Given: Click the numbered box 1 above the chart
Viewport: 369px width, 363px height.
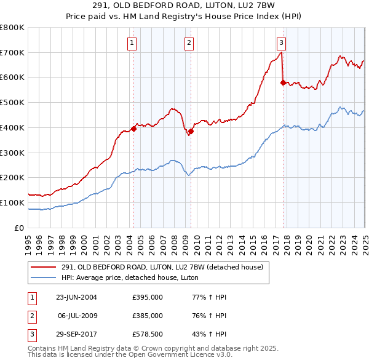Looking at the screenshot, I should [132, 42].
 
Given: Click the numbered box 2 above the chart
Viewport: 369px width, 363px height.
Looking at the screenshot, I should [188, 42].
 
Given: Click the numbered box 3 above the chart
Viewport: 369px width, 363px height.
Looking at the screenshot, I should [281, 42].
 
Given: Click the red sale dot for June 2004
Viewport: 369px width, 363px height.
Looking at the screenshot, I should [133, 129].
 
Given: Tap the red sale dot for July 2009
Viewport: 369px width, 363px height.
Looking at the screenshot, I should [191, 131].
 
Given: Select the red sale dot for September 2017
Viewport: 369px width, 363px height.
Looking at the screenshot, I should [283, 82].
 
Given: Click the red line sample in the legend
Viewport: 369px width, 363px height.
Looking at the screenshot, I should [44, 266].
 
